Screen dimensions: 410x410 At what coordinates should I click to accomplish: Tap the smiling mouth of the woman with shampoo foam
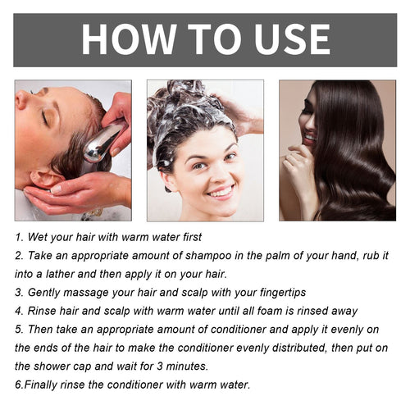(x=220, y=192)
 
